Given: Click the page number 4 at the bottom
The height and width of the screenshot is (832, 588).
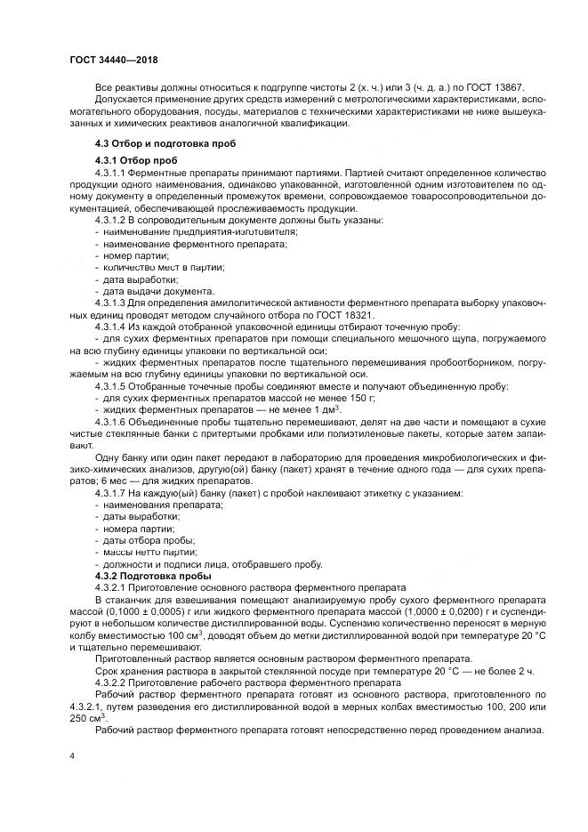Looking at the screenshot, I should (71, 755).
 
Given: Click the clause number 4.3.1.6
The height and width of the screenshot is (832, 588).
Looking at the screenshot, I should (113, 420).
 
